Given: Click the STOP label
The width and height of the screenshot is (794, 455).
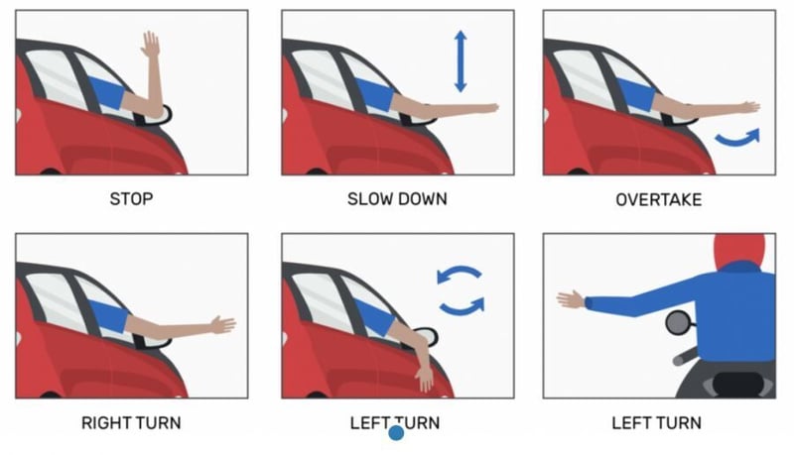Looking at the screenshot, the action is pos(131,198).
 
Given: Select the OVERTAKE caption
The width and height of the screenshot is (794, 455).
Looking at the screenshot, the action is pos(659,199).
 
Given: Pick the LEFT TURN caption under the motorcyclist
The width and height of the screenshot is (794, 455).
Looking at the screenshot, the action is pos(657,422).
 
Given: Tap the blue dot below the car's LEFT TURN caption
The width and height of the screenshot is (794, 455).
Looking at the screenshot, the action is pos(396,433).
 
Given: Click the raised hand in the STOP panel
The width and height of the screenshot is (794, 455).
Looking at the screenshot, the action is pos(151,45).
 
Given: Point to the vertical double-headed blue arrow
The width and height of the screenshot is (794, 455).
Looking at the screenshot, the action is pos(461,61).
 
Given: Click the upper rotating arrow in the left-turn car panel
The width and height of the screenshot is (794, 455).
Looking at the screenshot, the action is pos(459,272).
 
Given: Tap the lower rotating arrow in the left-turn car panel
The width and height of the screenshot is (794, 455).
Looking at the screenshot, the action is pos(462,307).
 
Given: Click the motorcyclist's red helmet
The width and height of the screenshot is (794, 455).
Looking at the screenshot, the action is pos(740,249).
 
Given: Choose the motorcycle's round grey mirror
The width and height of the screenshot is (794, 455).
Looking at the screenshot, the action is pos(678,323).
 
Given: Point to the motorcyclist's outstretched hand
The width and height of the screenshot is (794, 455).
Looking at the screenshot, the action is pos(571,299).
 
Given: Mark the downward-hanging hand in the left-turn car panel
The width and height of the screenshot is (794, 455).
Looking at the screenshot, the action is pos(425,378).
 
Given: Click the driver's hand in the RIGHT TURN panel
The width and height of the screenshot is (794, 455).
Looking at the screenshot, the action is pos(223,324).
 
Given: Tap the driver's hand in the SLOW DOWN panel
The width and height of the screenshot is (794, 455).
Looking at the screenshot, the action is pos(487,108).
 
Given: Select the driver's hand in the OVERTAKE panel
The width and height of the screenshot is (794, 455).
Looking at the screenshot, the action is pos(748,107).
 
